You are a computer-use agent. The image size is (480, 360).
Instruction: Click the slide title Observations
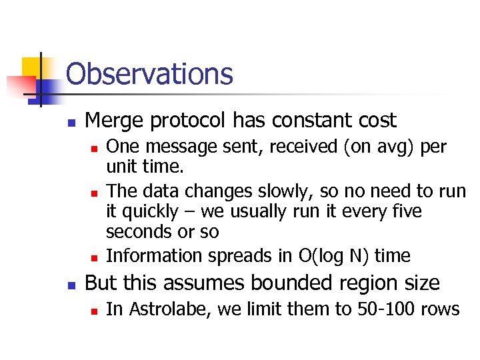[149, 74]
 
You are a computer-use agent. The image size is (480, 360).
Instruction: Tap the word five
[406, 212]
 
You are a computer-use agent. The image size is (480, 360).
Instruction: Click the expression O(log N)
[324, 255]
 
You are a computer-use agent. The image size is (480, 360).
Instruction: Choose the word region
[368, 283]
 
